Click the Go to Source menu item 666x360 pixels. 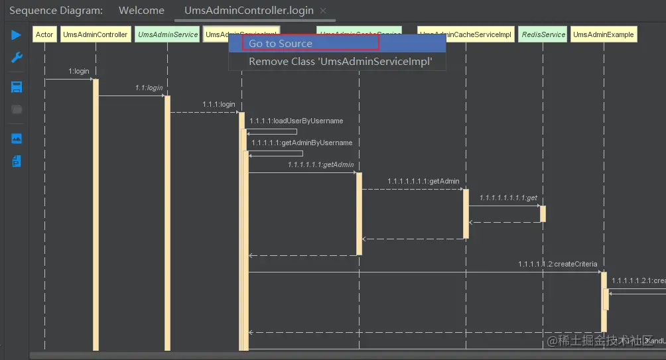tap(281, 44)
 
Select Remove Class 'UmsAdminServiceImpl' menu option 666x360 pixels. tap(340, 62)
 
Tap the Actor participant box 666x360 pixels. tap(44, 34)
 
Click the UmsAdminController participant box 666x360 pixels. tap(96, 34)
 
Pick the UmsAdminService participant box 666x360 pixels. tap(167, 34)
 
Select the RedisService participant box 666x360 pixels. tap(543, 34)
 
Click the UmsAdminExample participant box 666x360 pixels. tap(604, 34)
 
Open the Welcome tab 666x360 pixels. tap(141, 11)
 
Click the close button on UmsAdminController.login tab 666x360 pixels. tap(323, 11)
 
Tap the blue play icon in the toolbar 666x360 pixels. tap(17, 35)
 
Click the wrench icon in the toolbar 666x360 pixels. tap(17, 58)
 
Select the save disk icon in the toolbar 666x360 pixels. tap(17, 87)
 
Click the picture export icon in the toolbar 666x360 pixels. tap(17, 138)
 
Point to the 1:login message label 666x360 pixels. tap(78, 71)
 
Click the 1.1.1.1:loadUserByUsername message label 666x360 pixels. tap(296, 121)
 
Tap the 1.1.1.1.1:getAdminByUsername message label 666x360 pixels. tap(302, 143)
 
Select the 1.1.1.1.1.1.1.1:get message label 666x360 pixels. tap(508, 198)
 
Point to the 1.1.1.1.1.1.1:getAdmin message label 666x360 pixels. tap(423, 180)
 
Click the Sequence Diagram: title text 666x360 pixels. tap(56, 11)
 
